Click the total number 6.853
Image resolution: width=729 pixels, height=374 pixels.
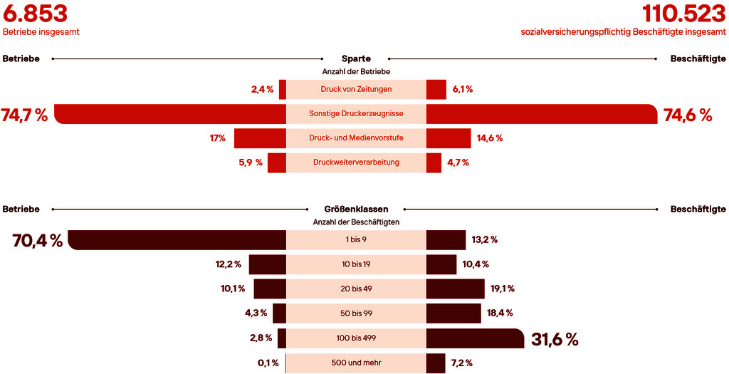[35, 14]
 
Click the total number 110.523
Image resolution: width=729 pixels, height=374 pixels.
[683, 14]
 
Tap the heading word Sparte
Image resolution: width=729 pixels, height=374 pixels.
[356, 58]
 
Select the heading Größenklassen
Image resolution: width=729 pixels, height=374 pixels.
[356, 209]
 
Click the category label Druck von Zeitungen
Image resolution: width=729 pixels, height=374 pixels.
[356, 89]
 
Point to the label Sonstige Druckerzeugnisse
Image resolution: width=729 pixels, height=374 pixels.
[356, 113]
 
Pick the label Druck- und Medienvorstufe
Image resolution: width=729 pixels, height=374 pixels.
[356, 137]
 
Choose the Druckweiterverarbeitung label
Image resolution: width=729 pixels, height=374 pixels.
[356, 162]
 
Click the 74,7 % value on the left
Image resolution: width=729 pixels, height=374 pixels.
[24, 115]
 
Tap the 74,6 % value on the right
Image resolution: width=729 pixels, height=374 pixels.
[688, 115]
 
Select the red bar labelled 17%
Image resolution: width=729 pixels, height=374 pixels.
[260, 138]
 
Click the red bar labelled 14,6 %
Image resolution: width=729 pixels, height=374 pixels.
[449, 138]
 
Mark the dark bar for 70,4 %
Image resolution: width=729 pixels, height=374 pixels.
[177, 240]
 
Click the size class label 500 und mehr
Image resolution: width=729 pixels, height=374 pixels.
[356, 363]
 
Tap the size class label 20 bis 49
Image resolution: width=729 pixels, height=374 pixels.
[356, 289]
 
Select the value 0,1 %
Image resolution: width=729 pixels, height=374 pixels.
[268, 363]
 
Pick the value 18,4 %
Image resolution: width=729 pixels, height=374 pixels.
[499, 313]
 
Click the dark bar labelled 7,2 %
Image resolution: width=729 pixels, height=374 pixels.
[436, 363]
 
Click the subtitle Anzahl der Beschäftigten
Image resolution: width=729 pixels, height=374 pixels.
[356, 222]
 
